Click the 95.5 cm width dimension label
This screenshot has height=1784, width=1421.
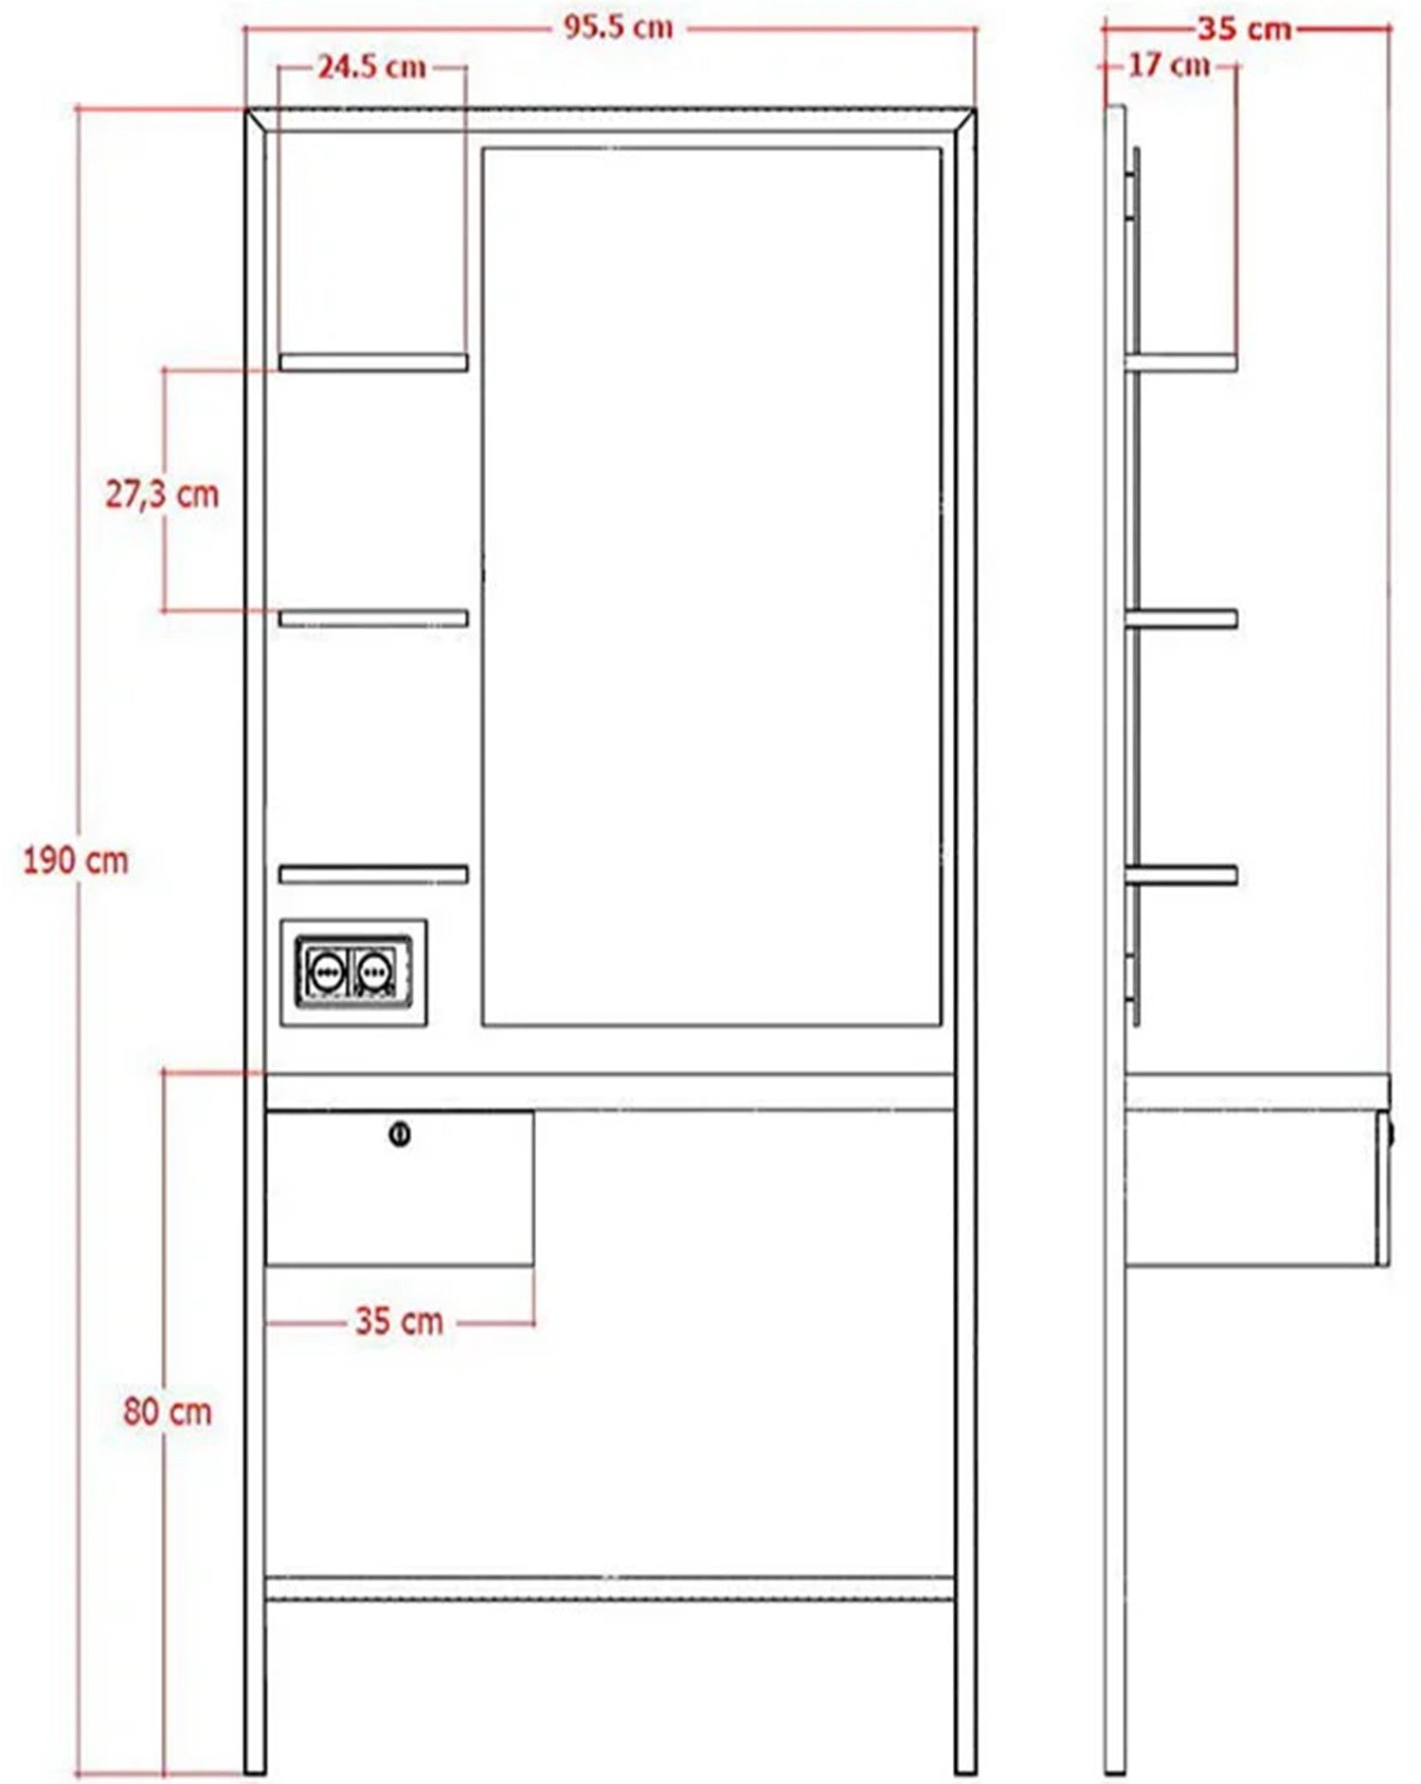619,27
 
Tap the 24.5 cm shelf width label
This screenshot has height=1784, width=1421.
371,67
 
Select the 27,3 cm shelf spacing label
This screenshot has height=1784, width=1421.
162,493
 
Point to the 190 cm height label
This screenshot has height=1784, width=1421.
76,861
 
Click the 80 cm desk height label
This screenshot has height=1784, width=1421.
168,1412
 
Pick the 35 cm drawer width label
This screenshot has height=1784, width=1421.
399,1321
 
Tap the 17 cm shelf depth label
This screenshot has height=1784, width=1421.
1170,65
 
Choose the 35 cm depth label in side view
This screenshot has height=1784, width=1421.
1245,28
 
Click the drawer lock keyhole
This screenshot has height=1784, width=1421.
400,1133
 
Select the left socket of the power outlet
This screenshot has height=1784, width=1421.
325,972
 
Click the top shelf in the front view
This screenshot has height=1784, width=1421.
373,363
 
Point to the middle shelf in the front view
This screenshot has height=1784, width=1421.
373,618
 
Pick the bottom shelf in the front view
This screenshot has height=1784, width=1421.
373,874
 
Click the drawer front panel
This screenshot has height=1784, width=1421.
399,1188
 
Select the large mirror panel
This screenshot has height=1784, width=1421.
711,586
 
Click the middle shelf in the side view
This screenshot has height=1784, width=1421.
1181,619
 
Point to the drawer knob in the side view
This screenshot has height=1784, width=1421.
1391,1133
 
